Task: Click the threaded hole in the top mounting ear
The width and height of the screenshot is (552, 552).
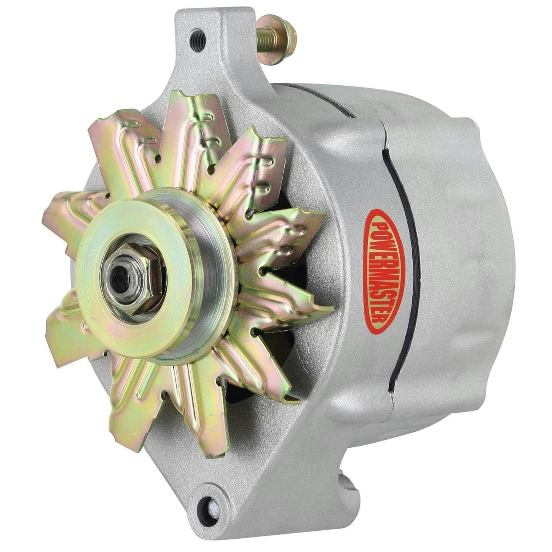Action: point(198,39)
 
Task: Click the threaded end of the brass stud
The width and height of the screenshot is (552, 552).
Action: point(266,36)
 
